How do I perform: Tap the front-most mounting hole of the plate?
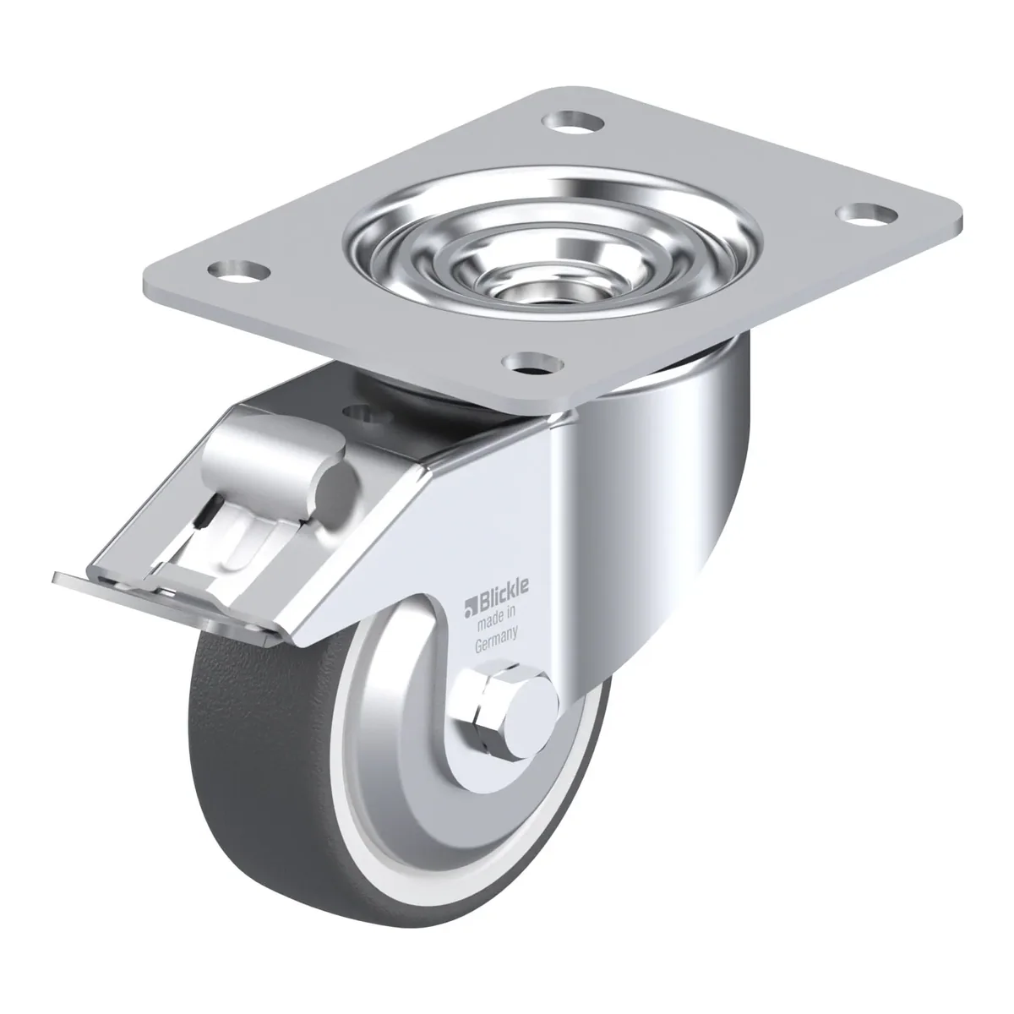(x=532, y=364)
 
